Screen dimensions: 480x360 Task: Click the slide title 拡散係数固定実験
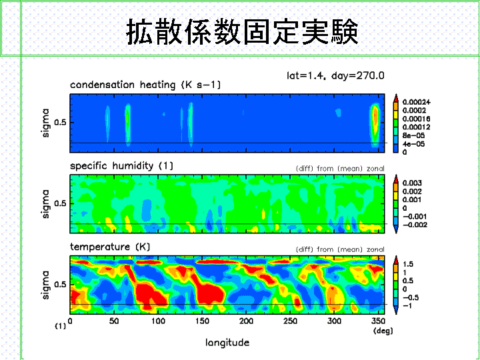(x=242, y=32)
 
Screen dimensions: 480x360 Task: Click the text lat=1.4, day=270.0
(x=335, y=75)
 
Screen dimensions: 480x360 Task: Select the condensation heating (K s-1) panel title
(x=145, y=85)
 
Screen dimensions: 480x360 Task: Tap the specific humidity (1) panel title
(x=121, y=166)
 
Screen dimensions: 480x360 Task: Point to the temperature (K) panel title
(x=110, y=247)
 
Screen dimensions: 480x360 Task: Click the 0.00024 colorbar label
(x=416, y=102)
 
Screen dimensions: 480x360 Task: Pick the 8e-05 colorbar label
(x=413, y=135)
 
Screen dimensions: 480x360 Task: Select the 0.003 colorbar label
(x=412, y=183)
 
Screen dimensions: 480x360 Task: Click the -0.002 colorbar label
(x=415, y=225)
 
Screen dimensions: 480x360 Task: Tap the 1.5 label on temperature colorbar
(x=408, y=264)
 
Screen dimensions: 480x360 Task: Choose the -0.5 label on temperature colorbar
(x=411, y=297)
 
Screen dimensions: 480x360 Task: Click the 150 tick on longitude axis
(x=203, y=321)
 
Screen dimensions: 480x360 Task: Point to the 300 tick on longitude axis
(x=334, y=321)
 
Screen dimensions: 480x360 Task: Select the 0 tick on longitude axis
(x=70, y=321)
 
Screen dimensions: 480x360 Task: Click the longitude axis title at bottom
(x=227, y=342)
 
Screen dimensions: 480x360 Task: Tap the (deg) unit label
(x=383, y=331)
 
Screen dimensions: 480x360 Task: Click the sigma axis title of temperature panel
(x=45, y=285)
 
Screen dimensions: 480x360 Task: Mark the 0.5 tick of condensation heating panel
(x=60, y=123)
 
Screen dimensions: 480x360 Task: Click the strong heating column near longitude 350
(x=375, y=125)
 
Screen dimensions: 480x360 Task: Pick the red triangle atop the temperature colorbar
(x=396, y=259)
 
